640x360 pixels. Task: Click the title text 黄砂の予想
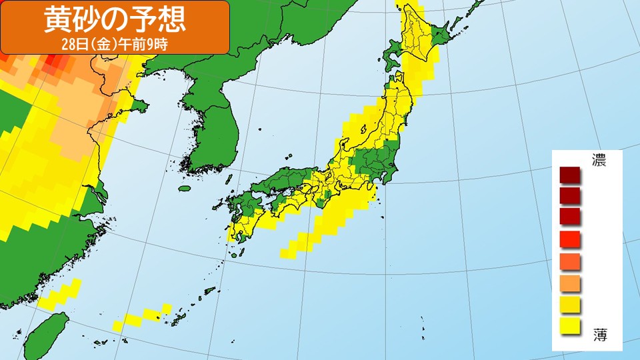coord(115,20)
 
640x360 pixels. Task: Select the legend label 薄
coord(599,334)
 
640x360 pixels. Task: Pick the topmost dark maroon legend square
coord(571,175)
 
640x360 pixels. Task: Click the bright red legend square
coord(571,238)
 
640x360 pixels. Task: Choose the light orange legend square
coord(571,282)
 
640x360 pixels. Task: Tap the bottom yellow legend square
coord(571,325)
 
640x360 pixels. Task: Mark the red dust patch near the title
coord(56,64)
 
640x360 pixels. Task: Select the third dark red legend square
coord(571,217)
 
